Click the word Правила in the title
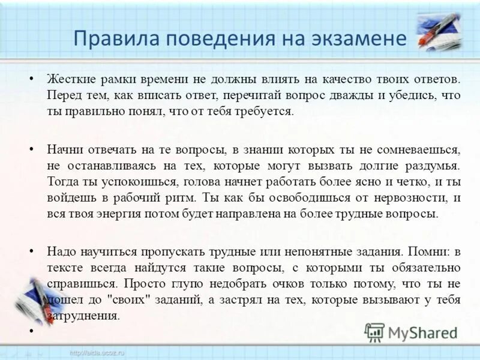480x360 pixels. (110, 40)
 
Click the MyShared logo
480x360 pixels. (412, 332)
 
